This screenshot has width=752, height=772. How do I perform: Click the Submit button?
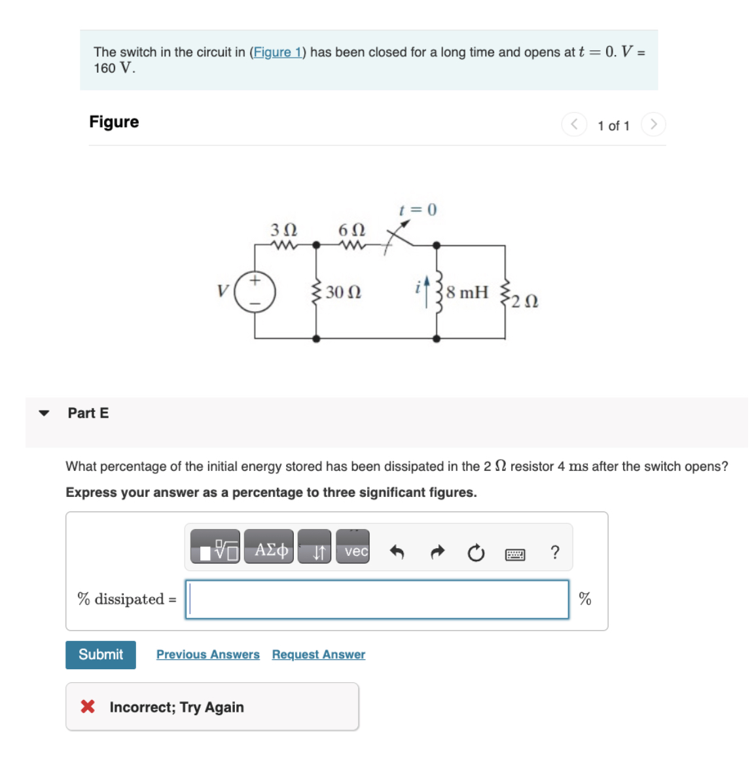point(101,654)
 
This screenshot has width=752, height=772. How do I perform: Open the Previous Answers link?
point(207,654)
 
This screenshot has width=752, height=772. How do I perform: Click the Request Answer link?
point(318,654)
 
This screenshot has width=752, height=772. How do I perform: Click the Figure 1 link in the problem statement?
point(278,52)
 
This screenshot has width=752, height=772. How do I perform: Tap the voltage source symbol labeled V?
point(255,291)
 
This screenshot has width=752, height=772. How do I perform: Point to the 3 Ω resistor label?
point(283,230)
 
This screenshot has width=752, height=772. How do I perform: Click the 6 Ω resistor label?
point(351,230)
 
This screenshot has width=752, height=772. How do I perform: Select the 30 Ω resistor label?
point(343,292)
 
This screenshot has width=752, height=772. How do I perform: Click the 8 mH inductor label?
point(467,292)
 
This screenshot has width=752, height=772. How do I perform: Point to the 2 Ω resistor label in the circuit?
point(525,301)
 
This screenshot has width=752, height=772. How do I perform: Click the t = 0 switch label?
point(418,210)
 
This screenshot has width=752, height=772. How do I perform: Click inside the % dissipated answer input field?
point(377,599)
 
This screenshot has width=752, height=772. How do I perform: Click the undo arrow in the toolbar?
point(397,553)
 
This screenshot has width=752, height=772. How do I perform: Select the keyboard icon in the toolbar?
point(515,555)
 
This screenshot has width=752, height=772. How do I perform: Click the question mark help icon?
point(555,553)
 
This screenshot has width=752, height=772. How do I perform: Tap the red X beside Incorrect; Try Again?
point(88,707)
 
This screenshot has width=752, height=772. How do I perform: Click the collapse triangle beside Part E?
point(44,413)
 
